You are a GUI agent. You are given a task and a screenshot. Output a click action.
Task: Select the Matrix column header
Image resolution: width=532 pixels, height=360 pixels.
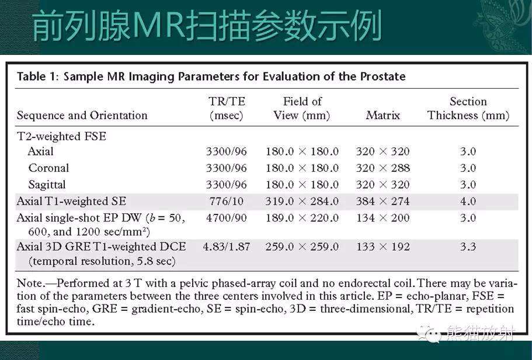pyautogui.click(x=383, y=116)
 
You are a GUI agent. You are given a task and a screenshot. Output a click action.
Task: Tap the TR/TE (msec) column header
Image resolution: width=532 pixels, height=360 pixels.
pyautogui.click(x=227, y=108)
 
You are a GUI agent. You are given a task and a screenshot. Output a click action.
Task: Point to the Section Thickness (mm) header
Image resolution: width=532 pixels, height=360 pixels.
pyautogui.click(x=468, y=108)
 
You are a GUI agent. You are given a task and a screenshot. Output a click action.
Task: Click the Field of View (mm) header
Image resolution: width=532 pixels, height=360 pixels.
pyautogui.click(x=302, y=108)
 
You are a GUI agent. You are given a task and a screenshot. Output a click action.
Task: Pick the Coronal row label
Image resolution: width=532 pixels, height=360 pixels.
pyautogui.click(x=48, y=168)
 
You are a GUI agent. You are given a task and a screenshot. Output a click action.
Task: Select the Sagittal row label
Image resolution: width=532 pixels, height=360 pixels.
pyautogui.click(x=47, y=185)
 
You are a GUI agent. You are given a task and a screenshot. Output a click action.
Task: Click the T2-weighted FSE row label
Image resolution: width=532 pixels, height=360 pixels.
pyautogui.click(x=61, y=137)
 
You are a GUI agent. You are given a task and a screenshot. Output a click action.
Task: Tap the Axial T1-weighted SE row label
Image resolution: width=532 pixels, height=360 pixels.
pyautogui.click(x=71, y=202)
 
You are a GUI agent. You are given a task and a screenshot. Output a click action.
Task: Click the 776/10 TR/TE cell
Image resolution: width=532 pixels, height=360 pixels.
pyautogui.click(x=227, y=202)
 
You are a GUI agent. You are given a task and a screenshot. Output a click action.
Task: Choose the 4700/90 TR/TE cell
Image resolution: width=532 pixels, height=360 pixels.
pyautogui.click(x=227, y=218)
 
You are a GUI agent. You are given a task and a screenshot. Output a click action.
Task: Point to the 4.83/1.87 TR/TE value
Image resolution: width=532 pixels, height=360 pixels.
pyautogui.click(x=227, y=247)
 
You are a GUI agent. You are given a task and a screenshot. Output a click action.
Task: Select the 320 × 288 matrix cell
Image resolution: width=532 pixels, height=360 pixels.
pyautogui.click(x=383, y=168)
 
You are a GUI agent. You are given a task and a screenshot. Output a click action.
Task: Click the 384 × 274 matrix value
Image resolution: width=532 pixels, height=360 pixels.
pyautogui.click(x=383, y=202)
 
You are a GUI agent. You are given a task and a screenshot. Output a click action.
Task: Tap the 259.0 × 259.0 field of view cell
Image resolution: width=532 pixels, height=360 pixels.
pyautogui.click(x=302, y=247)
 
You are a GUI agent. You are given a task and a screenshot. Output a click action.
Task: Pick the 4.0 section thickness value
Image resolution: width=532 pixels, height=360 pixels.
pyautogui.click(x=468, y=202)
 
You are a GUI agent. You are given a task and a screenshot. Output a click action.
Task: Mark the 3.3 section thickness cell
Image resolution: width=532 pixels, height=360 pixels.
pyautogui.click(x=468, y=247)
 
